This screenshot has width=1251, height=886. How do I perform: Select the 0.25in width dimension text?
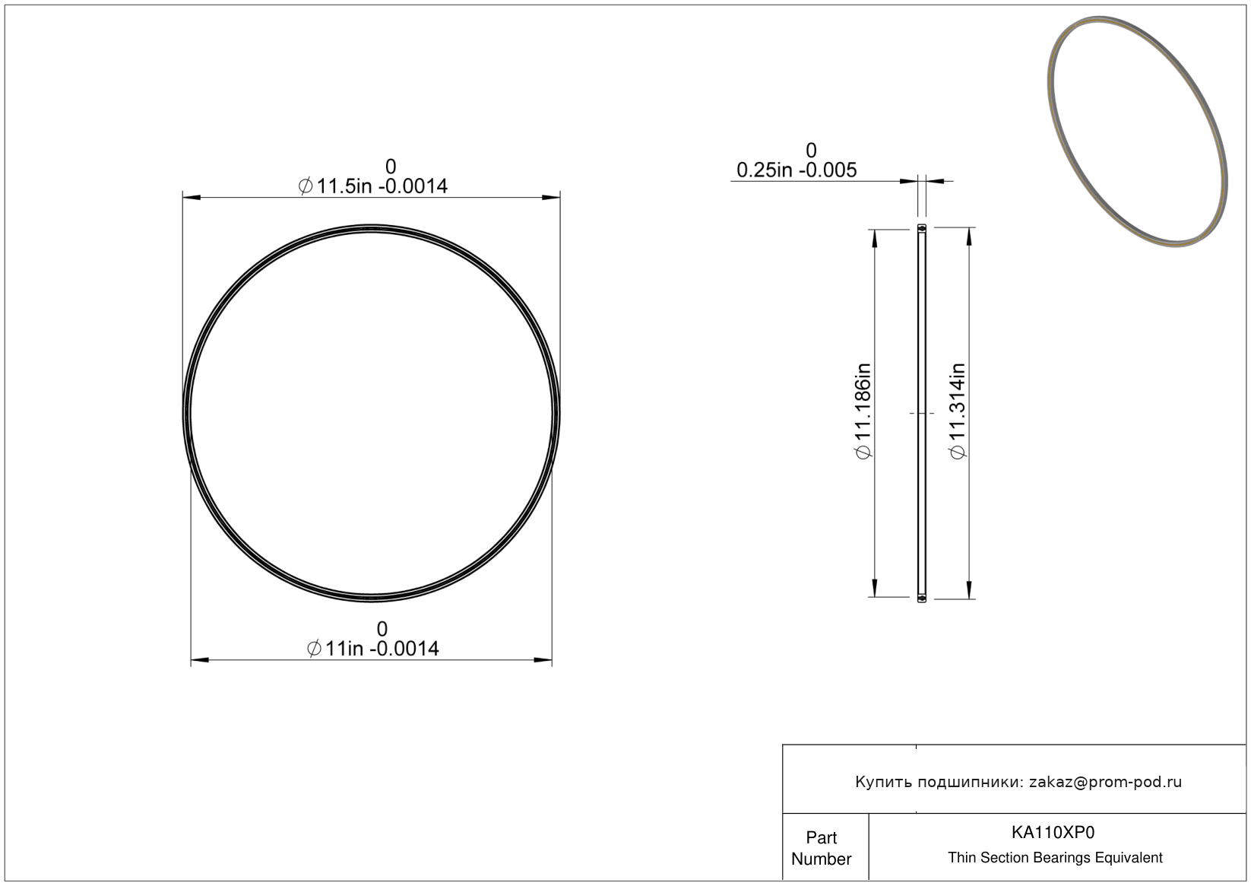click(x=797, y=170)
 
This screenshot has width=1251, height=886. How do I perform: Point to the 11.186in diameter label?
click(x=863, y=411)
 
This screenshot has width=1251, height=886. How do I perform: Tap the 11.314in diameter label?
click(x=958, y=411)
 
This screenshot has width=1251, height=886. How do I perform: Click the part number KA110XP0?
click(x=1053, y=833)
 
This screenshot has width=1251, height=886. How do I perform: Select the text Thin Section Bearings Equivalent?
click(x=1055, y=858)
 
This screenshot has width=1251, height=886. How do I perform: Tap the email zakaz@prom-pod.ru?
click(x=1105, y=782)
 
